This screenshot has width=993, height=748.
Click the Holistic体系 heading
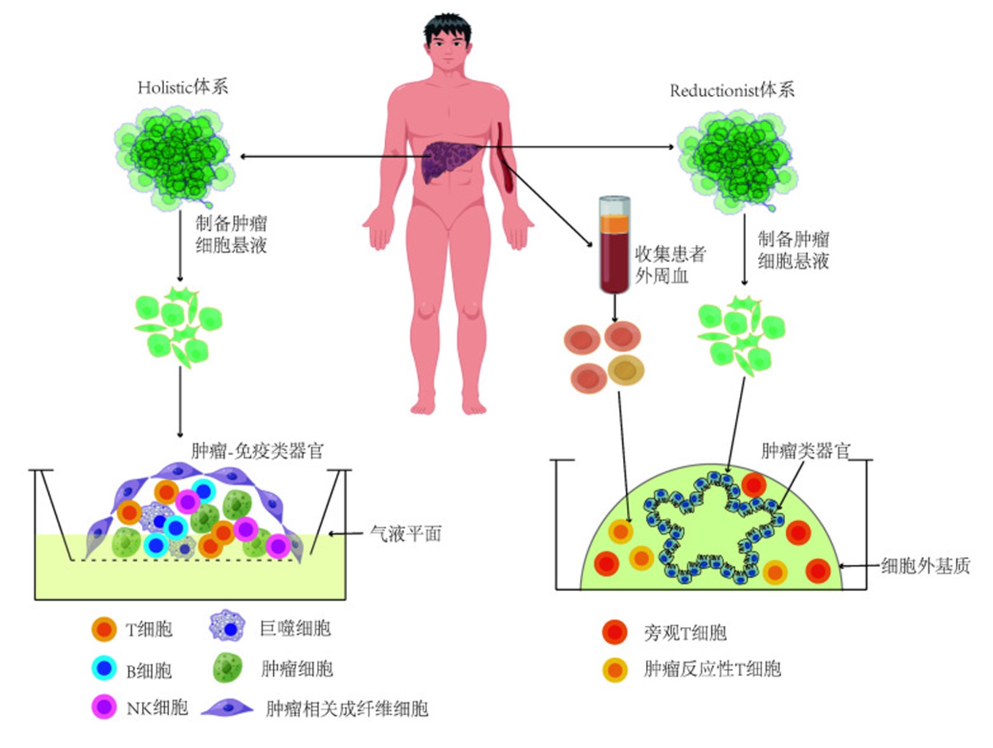183,87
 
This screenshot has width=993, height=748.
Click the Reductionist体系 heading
732,91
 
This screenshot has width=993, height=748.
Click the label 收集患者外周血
669,265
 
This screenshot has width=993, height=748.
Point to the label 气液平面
406,534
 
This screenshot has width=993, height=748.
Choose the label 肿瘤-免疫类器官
257,451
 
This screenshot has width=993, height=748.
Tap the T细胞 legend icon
104,629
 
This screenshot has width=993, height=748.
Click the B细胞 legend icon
104,668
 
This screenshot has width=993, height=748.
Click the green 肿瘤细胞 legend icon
227,668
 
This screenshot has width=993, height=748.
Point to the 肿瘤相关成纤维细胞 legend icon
227,708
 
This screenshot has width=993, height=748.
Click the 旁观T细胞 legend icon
615,632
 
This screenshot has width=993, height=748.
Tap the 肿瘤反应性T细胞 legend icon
615,669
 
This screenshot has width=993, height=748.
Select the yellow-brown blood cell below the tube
626,370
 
